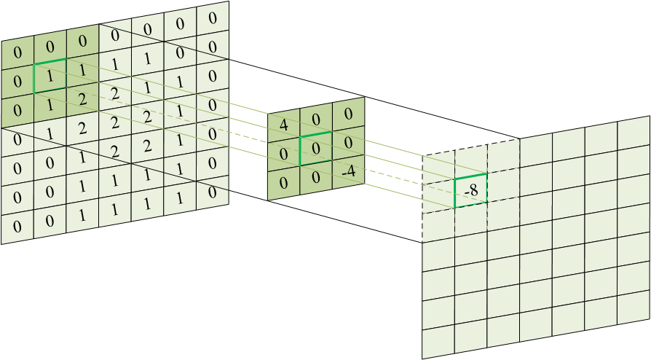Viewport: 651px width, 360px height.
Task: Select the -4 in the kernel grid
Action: [x=347, y=172]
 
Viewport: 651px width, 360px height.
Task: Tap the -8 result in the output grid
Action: [x=470, y=191]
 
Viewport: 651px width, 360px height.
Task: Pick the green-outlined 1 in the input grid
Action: [x=50, y=76]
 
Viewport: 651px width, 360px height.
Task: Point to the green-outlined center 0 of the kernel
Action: [x=315, y=148]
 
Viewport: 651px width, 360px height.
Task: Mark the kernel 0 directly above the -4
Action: [x=347, y=143]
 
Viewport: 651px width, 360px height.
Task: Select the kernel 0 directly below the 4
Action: [x=283, y=151]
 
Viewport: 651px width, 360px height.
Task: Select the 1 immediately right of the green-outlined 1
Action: [x=82, y=70]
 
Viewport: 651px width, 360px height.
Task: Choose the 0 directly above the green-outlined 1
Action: [x=50, y=46]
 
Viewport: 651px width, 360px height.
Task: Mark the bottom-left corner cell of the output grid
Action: [x=438, y=345]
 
